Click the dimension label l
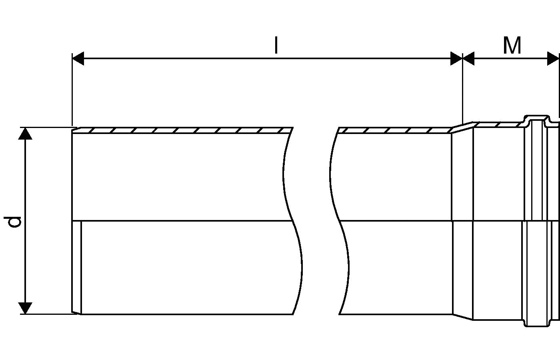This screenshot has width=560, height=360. (276, 45)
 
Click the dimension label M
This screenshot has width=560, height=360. (512, 45)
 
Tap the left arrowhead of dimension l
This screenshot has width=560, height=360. (78, 58)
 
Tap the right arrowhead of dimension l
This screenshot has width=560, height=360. (456, 58)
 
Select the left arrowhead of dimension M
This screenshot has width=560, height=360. (468, 58)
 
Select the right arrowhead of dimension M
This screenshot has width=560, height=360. (553, 58)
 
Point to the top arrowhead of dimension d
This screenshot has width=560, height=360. (25, 134)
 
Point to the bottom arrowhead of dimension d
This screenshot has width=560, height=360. (25, 308)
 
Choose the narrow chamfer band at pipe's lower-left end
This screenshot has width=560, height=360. (76, 268)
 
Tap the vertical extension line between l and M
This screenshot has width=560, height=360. (463, 89)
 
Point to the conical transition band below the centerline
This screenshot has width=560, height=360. (463, 270)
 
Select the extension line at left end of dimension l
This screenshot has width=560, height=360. (72, 90)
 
